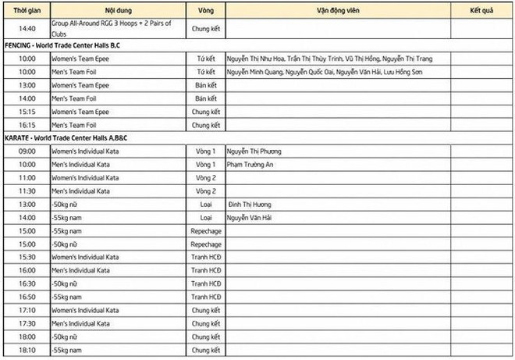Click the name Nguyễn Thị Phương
click(x=255, y=151)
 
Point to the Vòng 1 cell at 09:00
click(x=206, y=151)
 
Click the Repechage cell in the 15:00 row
click(x=206, y=231)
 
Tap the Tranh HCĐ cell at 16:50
click(x=206, y=297)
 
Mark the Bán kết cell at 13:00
click(x=206, y=85)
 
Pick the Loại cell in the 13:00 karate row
click(x=206, y=205)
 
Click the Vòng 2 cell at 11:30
click(x=206, y=191)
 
